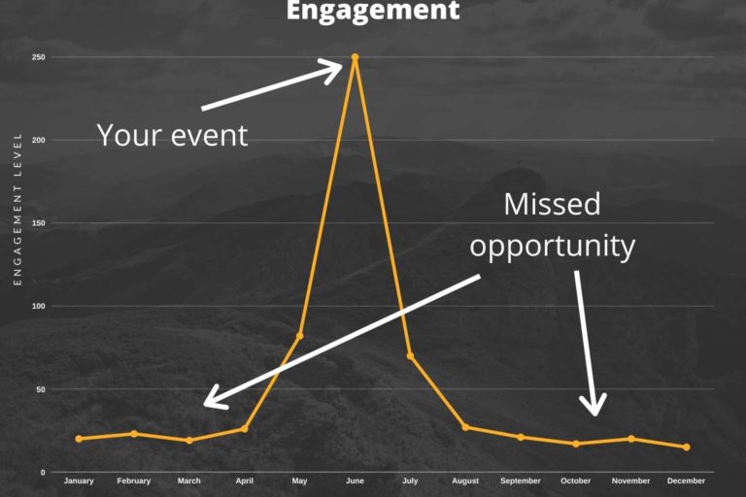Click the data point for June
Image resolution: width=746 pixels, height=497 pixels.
(355, 57)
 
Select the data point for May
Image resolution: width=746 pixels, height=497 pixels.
(299, 336)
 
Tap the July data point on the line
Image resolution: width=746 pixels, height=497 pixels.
(410, 356)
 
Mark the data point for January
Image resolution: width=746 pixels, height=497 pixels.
(79, 439)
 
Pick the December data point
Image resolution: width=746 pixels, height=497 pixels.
(686, 447)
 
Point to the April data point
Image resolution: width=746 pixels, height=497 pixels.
(244, 429)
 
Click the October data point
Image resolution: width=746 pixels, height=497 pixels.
(576, 444)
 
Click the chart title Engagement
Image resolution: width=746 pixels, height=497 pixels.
(373, 11)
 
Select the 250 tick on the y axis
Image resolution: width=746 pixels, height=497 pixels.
(39, 57)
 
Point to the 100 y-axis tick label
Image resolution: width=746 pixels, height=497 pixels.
(39, 307)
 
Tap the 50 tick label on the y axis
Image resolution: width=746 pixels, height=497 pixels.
(41, 389)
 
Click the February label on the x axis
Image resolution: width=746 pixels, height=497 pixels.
(134, 481)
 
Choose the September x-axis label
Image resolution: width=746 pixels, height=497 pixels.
(521, 481)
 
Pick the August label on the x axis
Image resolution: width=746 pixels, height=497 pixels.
(465, 481)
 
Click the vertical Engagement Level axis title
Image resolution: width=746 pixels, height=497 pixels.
(17, 209)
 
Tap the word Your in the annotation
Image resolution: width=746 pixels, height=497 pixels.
(128, 135)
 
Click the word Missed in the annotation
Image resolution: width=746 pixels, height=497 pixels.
(552, 204)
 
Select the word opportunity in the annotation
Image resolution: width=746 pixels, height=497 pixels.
(552, 246)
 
